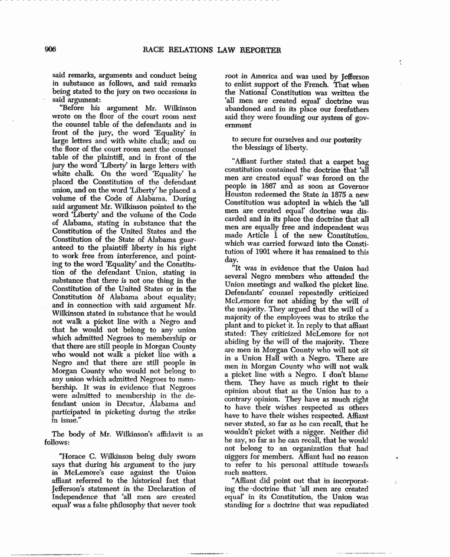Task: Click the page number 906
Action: [x=48, y=50]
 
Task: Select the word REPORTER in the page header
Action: [x=261, y=50]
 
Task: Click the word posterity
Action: [x=348, y=139]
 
